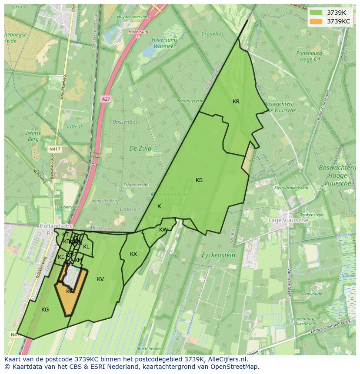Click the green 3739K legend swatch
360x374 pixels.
316,12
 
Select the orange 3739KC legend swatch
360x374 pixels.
316,21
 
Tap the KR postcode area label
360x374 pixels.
236,102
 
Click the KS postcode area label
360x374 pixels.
199,180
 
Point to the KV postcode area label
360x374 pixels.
100,279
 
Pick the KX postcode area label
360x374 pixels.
133,254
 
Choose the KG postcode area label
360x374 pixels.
45,310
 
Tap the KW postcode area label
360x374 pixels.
163,230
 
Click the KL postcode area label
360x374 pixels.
86,247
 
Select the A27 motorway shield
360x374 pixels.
106,99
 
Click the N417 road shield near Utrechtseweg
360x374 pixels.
54,149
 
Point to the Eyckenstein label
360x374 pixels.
219,255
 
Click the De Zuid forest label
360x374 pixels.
140,148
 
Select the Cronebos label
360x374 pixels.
213,33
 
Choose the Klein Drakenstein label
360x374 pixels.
291,188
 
